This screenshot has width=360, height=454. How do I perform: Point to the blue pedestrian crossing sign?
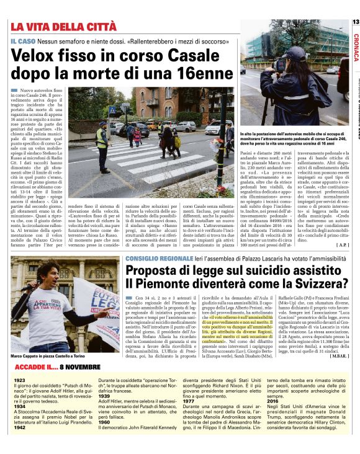pyautogui.click(x=112, y=110)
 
